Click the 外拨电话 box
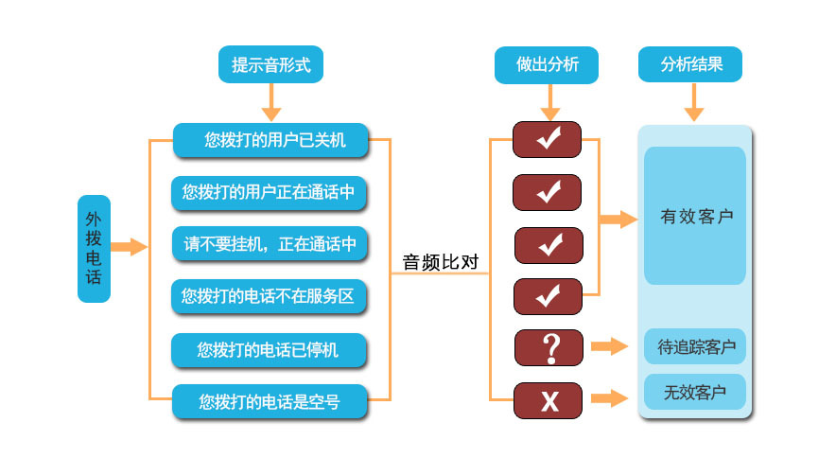click(x=95, y=249)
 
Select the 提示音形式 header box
click(x=271, y=64)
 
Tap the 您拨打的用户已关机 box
click(x=270, y=141)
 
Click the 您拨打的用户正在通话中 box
click(x=270, y=193)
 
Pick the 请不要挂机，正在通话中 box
click(x=270, y=244)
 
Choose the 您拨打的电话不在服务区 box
click(x=269, y=296)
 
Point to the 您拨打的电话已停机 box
click(x=269, y=350)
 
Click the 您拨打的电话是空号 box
click(x=270, y=402)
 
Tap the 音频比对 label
click(x=441, y=263)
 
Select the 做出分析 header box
click(x=548, y=64)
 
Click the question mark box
click(x=549, y=347)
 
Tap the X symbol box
click(x=549, y=401)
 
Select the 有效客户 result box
click(x=695, y=217)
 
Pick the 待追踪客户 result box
click(x=696, y=346)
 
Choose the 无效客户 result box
click(x=695, y=392)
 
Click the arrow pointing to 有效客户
click(x=618, y=220)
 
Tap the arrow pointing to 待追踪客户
click(x=610, y=346)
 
